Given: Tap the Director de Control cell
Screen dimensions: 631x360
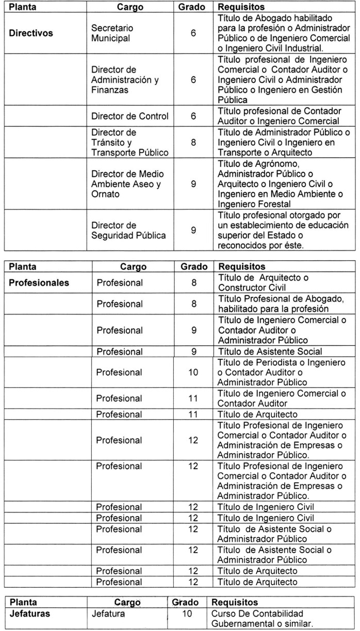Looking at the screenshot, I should tap(129, 117).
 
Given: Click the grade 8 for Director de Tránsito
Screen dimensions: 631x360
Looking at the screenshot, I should tap(193, 142).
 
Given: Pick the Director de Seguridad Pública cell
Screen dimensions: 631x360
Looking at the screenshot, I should tap(128, 230).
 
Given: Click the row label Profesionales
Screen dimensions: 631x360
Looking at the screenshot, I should tap(39, 283).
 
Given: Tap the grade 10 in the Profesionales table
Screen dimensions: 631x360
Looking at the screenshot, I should tap(193, 372).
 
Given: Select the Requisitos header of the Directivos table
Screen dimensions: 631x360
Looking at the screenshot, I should tap(241, 8).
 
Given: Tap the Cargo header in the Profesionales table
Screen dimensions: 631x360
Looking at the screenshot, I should tap(133, 267).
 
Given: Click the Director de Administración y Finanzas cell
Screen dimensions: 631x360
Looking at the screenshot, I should tap(124, 80).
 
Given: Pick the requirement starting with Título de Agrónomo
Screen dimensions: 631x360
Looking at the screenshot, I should tap(281, 184).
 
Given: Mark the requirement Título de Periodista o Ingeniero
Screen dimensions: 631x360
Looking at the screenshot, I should tap(281, 372).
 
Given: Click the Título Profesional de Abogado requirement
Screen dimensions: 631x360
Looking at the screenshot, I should tap(281, 304).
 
